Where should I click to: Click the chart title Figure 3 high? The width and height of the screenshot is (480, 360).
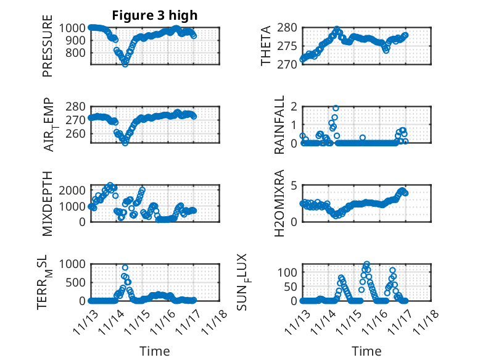(x=154, y=15)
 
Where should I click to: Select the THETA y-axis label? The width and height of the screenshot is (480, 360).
(x=266, y=46)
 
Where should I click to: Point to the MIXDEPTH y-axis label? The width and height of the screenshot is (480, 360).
(x=48, y=203)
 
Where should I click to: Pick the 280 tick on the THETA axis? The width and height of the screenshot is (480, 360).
(x=289, y=28)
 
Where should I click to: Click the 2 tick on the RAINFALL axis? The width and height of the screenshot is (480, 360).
(x=294, y=106)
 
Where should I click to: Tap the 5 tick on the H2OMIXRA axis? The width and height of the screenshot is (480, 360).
(x=294, y=185)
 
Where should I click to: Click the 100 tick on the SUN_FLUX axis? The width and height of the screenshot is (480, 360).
(x=289, y=272)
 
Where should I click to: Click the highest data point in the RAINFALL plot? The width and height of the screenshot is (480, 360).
(x=336, y=108)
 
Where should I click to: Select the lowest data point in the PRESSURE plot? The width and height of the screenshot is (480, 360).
(x=125, y=64)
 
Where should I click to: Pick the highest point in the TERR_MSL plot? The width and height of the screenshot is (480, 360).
(x=125, y=268)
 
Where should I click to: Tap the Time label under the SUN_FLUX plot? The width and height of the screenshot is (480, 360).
(x=366, y=351)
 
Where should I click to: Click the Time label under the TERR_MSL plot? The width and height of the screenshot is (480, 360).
(x=154, y=351)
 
